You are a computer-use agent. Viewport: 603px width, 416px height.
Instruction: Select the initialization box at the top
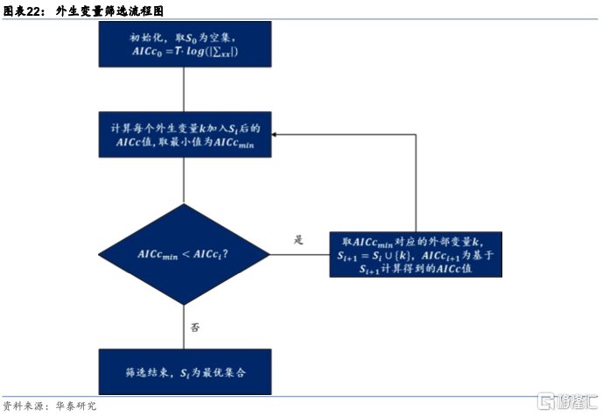pos(184,45)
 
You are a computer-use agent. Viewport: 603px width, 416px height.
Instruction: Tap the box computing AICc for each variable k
pos(184,135)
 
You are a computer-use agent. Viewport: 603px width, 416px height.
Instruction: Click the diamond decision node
pos(183,254)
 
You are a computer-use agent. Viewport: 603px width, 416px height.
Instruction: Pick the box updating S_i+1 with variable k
pos(416,254)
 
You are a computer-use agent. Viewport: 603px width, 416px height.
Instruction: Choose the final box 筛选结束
pos(184,372)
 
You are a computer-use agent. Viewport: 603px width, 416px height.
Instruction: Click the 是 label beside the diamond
pos(298,239)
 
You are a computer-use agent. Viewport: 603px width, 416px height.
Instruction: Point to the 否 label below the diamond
pos(195,328)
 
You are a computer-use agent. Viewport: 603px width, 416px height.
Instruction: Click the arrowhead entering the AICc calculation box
pos(275,135)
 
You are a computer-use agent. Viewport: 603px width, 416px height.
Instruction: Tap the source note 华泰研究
pos(76,406)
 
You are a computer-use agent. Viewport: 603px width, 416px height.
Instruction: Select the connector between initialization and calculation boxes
pos(183,89)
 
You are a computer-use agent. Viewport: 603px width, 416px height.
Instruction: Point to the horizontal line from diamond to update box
pos(298,254)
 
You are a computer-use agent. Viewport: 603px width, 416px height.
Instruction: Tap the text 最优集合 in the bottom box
pos(225,372)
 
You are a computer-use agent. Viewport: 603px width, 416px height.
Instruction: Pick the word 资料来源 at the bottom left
pos(23,406)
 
